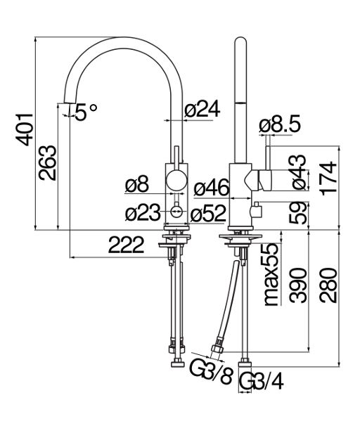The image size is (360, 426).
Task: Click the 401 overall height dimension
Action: (25, 130)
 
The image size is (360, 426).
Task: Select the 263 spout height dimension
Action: (48, 163)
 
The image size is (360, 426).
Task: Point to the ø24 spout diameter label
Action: (202, 109)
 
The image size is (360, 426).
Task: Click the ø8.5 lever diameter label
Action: (280, 124)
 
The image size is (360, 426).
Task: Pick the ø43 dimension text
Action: (300, 172)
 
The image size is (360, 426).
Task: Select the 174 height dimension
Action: (329, 179)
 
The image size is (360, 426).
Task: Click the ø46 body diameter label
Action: (212, 188)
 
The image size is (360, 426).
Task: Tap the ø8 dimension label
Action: (137, 184)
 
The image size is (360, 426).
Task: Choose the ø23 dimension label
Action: (143, 212)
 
